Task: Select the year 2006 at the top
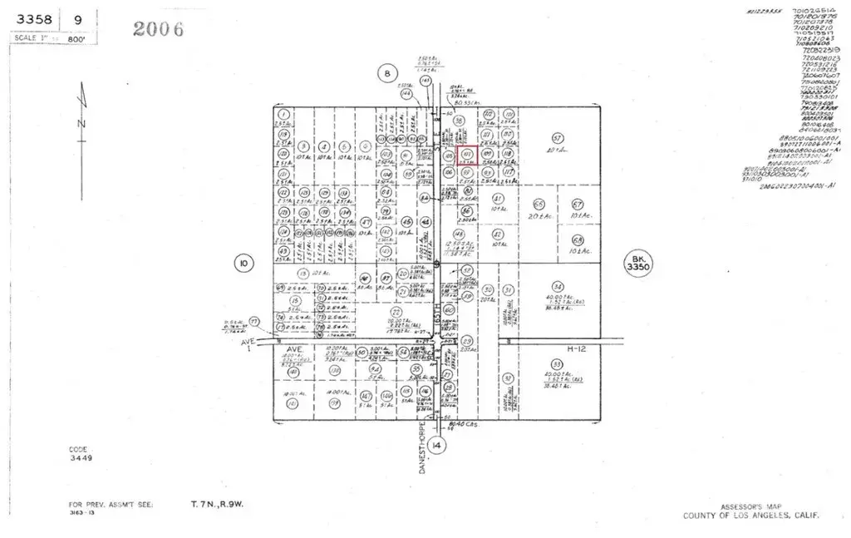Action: pyautogui.click(x=159, y=29)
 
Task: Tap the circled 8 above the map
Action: pyautogui.click(x=386, y=73)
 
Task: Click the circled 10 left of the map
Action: pyautogui.click(x=243, y=264)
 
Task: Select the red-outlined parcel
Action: pyautogui.click(x=468, y=154)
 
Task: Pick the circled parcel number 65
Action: pyautogui.click(x=539, y=204)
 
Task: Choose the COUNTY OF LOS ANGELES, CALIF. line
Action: pyautogui.click(x=750, y=516)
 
